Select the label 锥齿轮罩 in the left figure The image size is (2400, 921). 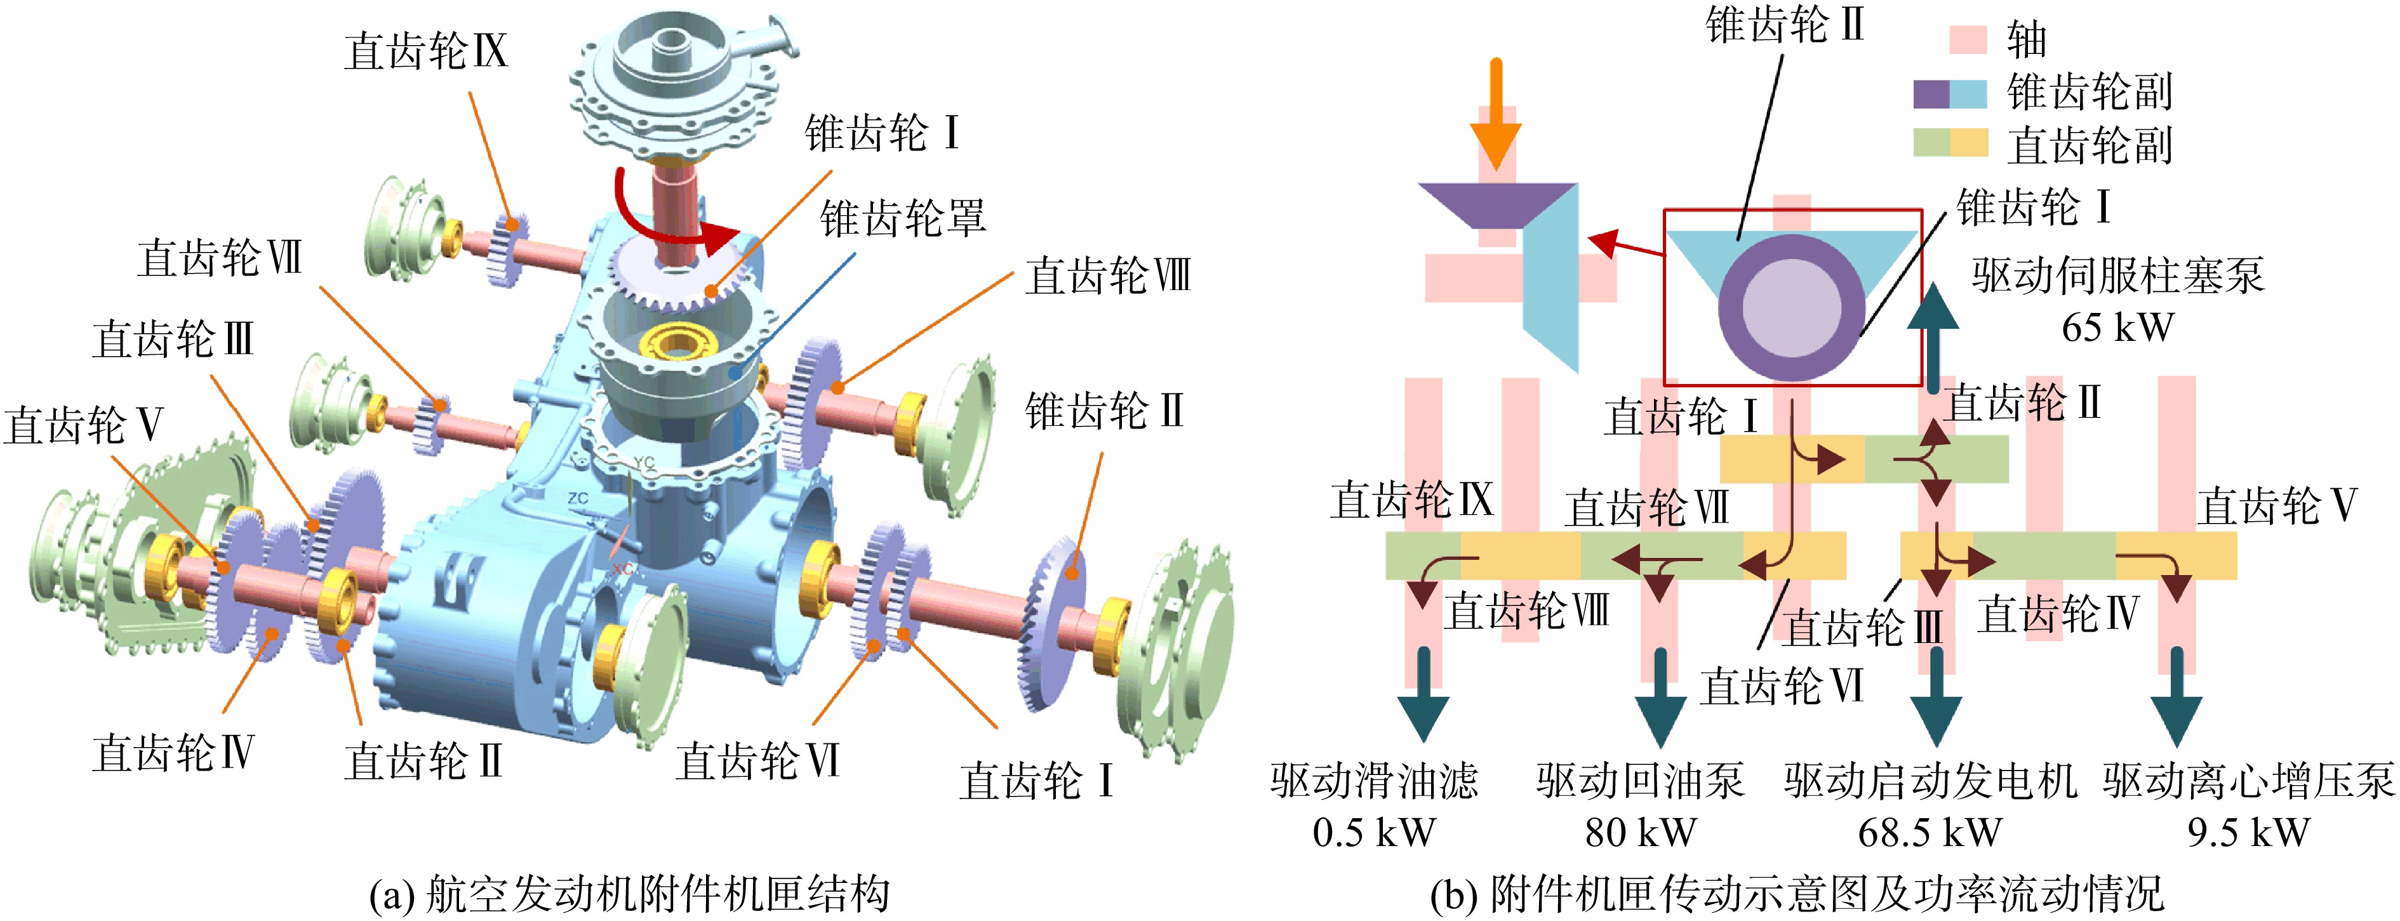point(902,218)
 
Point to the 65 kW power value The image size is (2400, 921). point(2117,328)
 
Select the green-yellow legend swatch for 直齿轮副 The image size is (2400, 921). point(1950,142)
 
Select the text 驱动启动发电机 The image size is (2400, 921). point(1930,780)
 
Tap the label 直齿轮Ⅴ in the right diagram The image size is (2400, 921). point(2276,506)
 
